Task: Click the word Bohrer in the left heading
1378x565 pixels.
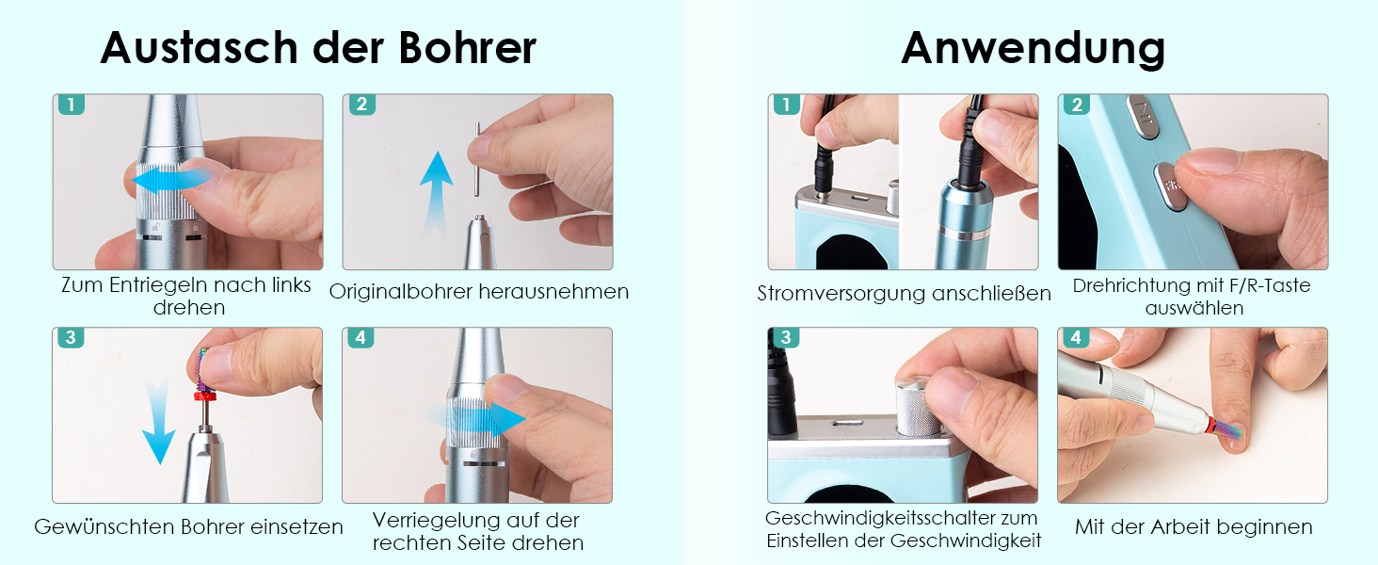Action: (x=468, y=47)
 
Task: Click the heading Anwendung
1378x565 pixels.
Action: (x=1033, y=49)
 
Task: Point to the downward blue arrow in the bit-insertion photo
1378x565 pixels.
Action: (x=159, y=418)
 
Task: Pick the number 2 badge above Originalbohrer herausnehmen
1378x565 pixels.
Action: (x=361, y=104)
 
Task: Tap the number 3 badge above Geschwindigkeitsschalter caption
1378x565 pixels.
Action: (x=786, y=337)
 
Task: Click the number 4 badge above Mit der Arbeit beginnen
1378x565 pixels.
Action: (x=1075, y=337)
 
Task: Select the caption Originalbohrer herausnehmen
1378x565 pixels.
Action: (x=478, y=291)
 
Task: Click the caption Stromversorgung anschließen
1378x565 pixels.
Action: (x=904, y=293)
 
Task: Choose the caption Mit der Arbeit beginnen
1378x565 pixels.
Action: (x=1194, y=526)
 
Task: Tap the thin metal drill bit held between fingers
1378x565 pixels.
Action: (x=477, y=159)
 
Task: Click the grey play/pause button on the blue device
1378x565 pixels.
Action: (x=1144, y=117)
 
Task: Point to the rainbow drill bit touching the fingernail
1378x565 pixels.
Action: (x=1226, y=429)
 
